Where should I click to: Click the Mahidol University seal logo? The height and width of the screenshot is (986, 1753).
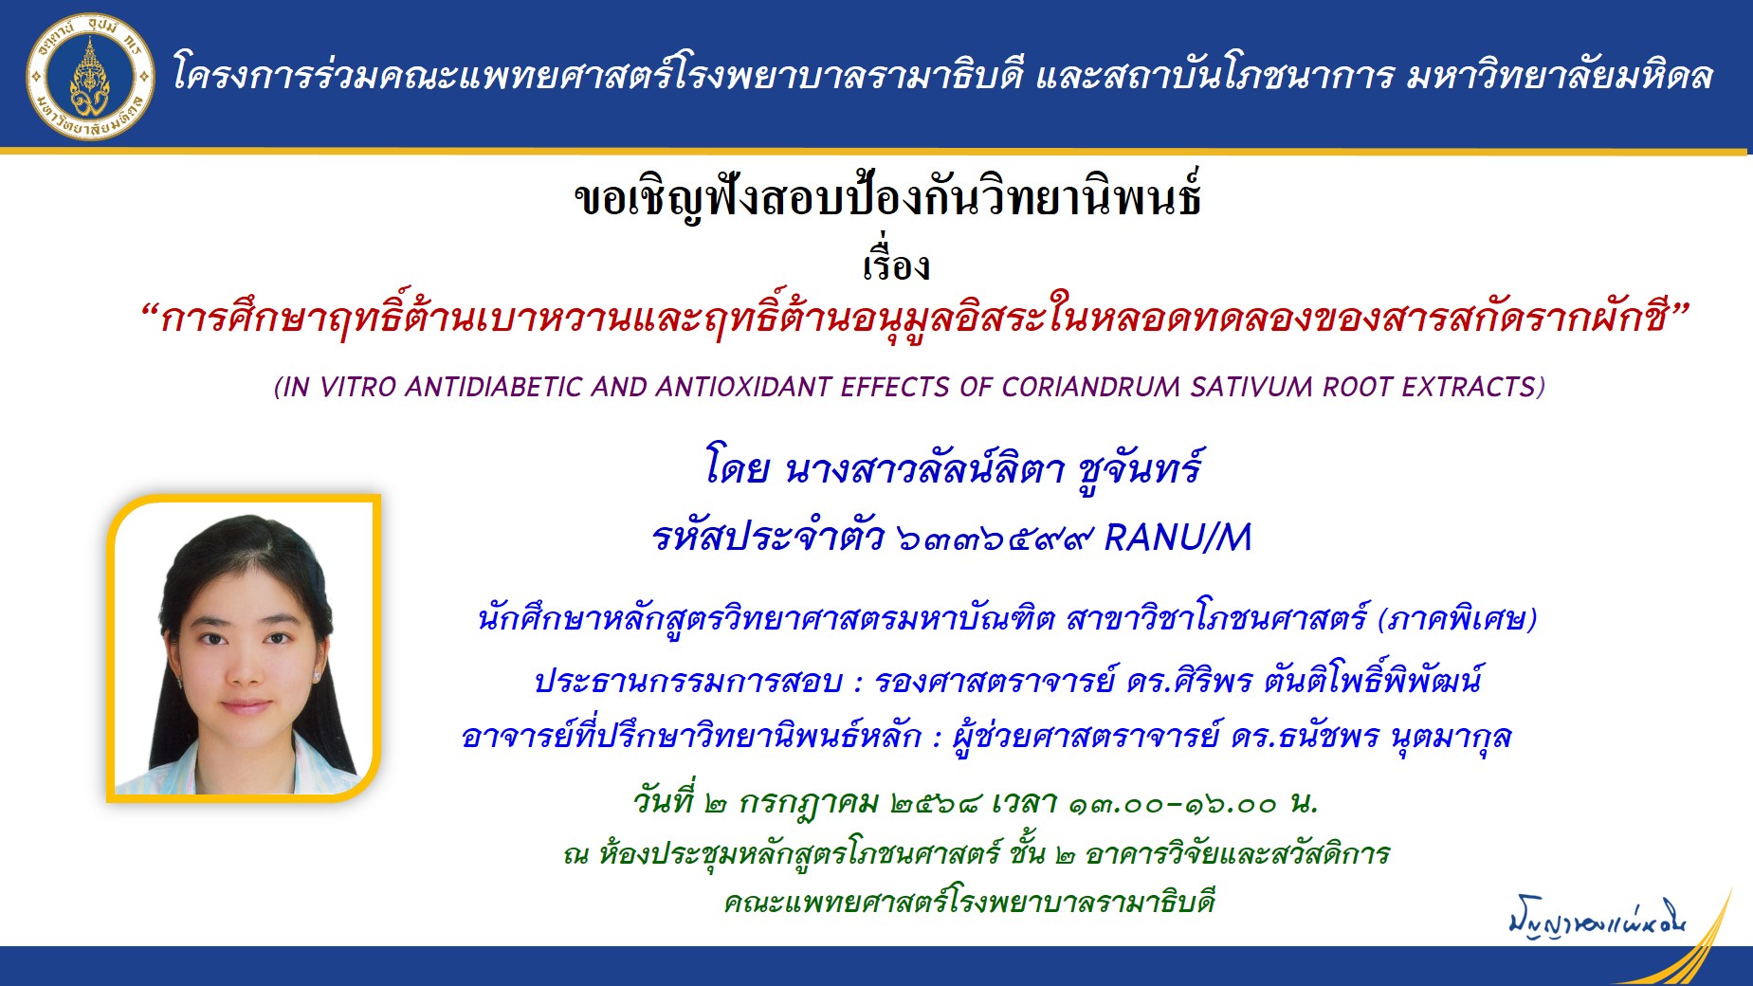pos(91,76)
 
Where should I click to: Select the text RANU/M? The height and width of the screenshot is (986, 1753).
pos(1178,539)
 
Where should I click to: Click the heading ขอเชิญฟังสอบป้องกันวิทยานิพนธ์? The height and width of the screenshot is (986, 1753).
pos(888,198)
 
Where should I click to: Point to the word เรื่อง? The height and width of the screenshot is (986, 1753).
pos(896,265)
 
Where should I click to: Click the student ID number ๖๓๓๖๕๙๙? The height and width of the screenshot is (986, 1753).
pos(995,539)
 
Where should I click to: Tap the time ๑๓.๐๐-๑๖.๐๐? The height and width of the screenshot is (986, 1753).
pos(1173,805)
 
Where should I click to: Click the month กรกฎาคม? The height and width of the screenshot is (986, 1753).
pos(809,804)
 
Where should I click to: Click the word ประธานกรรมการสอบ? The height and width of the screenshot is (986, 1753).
pos(688,681)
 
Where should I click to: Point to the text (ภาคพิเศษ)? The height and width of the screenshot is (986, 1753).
pos(1457,620)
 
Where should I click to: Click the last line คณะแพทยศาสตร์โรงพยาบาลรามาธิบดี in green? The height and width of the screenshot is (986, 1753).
pos(969,902)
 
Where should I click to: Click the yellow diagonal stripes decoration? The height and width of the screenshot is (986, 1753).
pos(1707,939)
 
